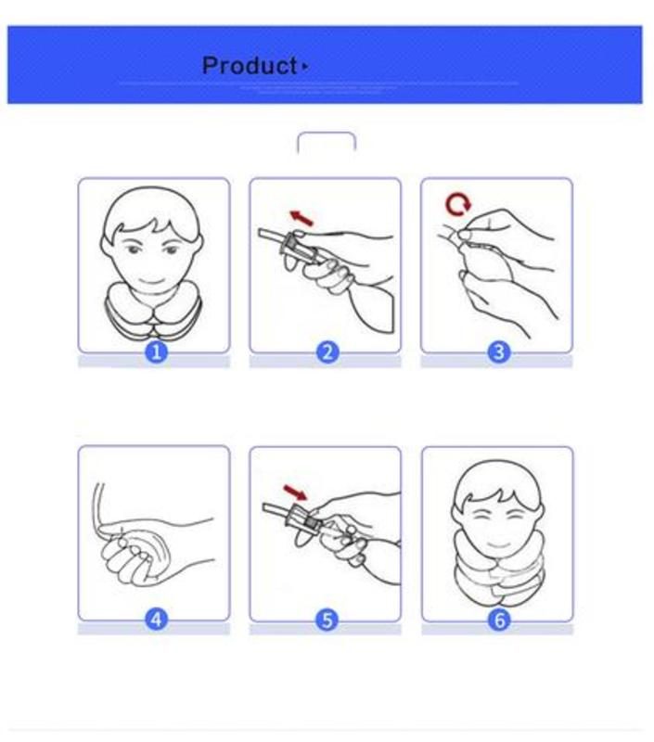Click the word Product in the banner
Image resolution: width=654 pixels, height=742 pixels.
tap(249, 66)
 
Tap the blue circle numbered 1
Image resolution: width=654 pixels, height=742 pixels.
tap(156, 352)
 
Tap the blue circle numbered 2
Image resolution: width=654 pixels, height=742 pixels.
tap(327, 352)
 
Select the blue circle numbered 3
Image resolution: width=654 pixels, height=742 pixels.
tap(498, 352)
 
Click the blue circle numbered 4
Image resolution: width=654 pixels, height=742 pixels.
tap(156, 619)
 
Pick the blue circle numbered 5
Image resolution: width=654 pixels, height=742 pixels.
tap(327, 619)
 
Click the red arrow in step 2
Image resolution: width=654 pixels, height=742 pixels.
tap(301, 218)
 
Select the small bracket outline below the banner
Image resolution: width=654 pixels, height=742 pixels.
tap(326, 141)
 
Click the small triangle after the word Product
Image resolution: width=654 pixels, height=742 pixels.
tap(305, 67)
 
